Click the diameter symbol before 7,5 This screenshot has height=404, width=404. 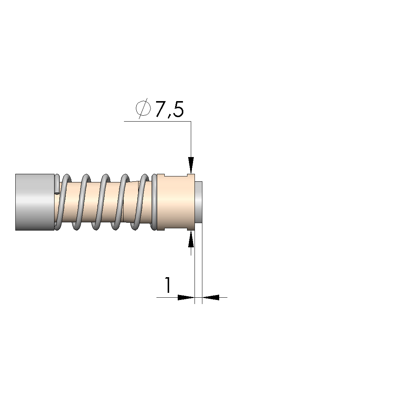click(143, 109)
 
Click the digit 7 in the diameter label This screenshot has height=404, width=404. click(161, 109)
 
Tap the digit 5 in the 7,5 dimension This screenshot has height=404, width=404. click(178, 109)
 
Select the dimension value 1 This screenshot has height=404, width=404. click(168, 285)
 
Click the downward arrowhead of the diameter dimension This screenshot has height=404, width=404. click(191, 165)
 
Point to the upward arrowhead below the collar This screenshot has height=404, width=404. click(191, 239)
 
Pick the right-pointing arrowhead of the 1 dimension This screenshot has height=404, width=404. click(186, 297)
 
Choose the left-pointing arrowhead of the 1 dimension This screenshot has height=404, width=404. click(211, 297)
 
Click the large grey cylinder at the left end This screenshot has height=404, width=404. click(35, 202)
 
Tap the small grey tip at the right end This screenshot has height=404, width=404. click(199, 202)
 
